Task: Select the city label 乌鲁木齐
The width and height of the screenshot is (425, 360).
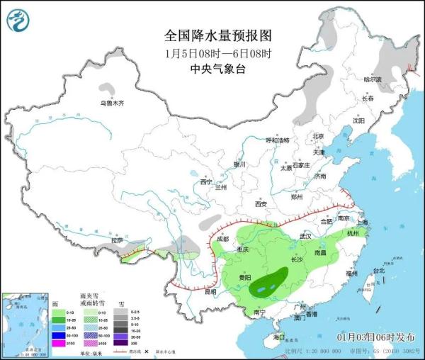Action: click(x=111, y=103)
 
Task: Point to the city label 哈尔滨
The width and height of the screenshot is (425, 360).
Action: click(x=372, y=79)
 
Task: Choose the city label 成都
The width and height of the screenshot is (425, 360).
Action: click(x=222, y=239)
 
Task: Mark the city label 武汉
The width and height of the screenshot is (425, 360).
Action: click(x=306, y=235)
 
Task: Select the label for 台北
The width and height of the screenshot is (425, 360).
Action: click(x=379, y=271)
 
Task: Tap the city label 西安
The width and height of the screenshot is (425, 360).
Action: click(x=260, y=205)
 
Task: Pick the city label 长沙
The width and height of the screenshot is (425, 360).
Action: click(x=297, y=260)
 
